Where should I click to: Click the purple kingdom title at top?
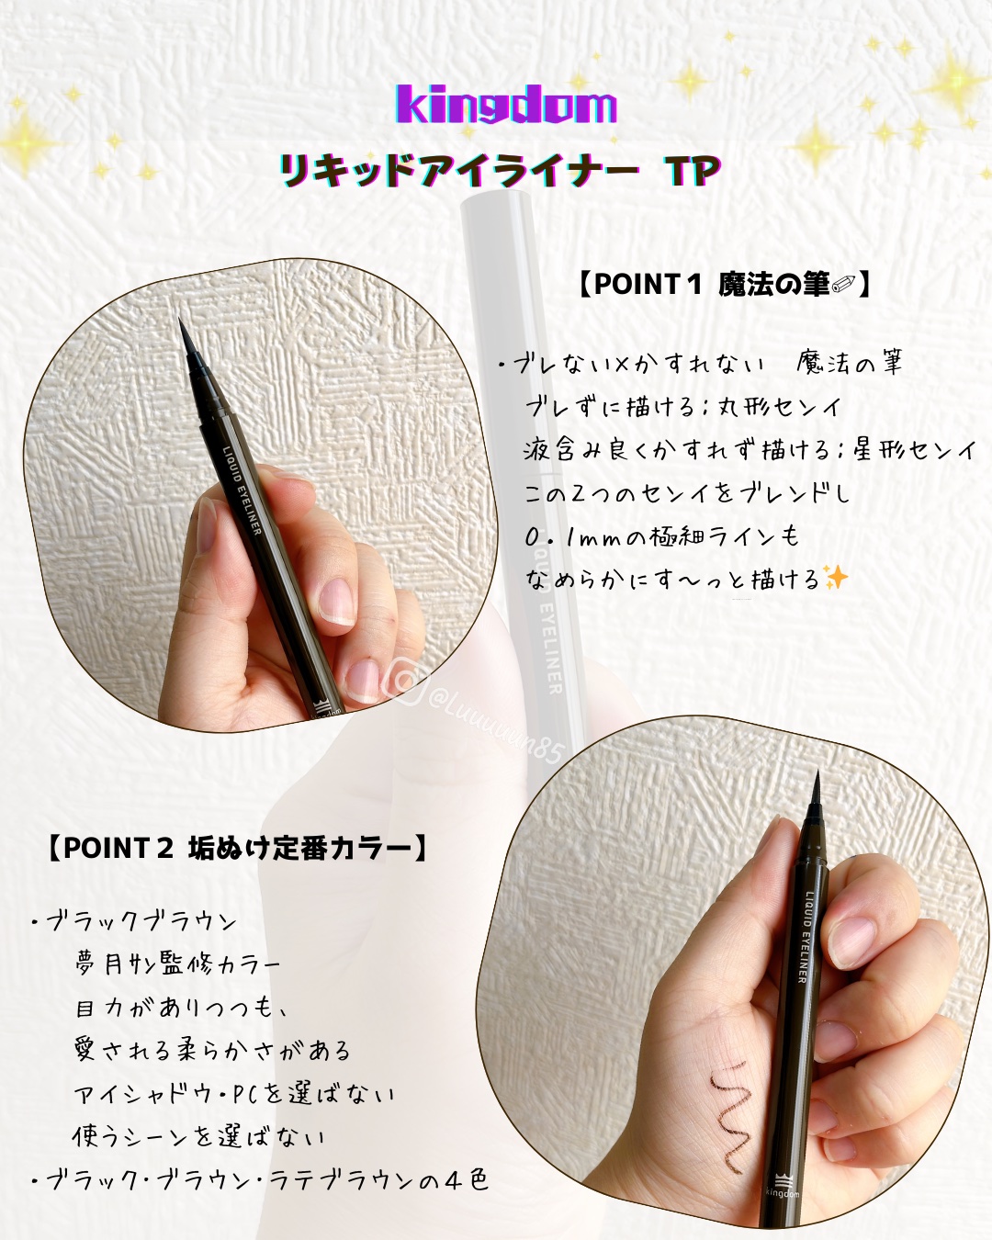[505, 105]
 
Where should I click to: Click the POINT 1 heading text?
[724, 285]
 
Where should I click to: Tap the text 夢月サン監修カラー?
[177, 964]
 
